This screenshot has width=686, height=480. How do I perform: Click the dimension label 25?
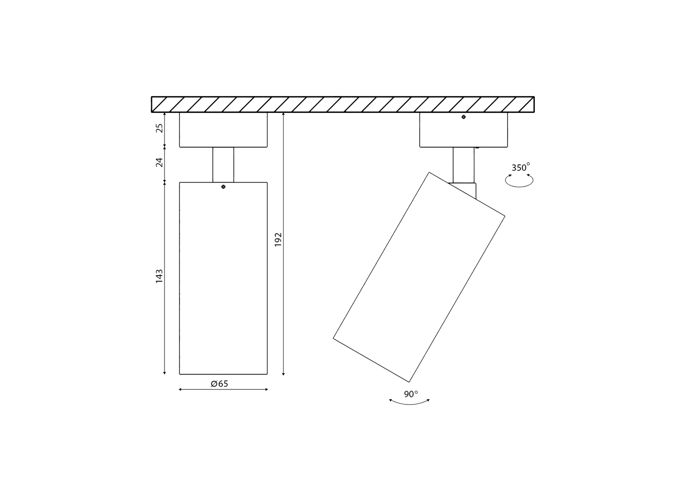tap(159, 128)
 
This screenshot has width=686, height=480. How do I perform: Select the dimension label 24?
tap(159, 162)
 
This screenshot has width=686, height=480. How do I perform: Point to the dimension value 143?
tap(159, 276)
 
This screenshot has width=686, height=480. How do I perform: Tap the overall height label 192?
tap(278, 240)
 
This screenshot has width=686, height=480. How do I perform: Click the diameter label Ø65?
tap(219, 384)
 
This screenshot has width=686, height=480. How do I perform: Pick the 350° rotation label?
tap(521, 167)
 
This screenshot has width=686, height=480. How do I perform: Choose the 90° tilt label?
tap(411, 394)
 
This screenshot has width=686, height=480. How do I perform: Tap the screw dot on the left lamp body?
tap(223, 187)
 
